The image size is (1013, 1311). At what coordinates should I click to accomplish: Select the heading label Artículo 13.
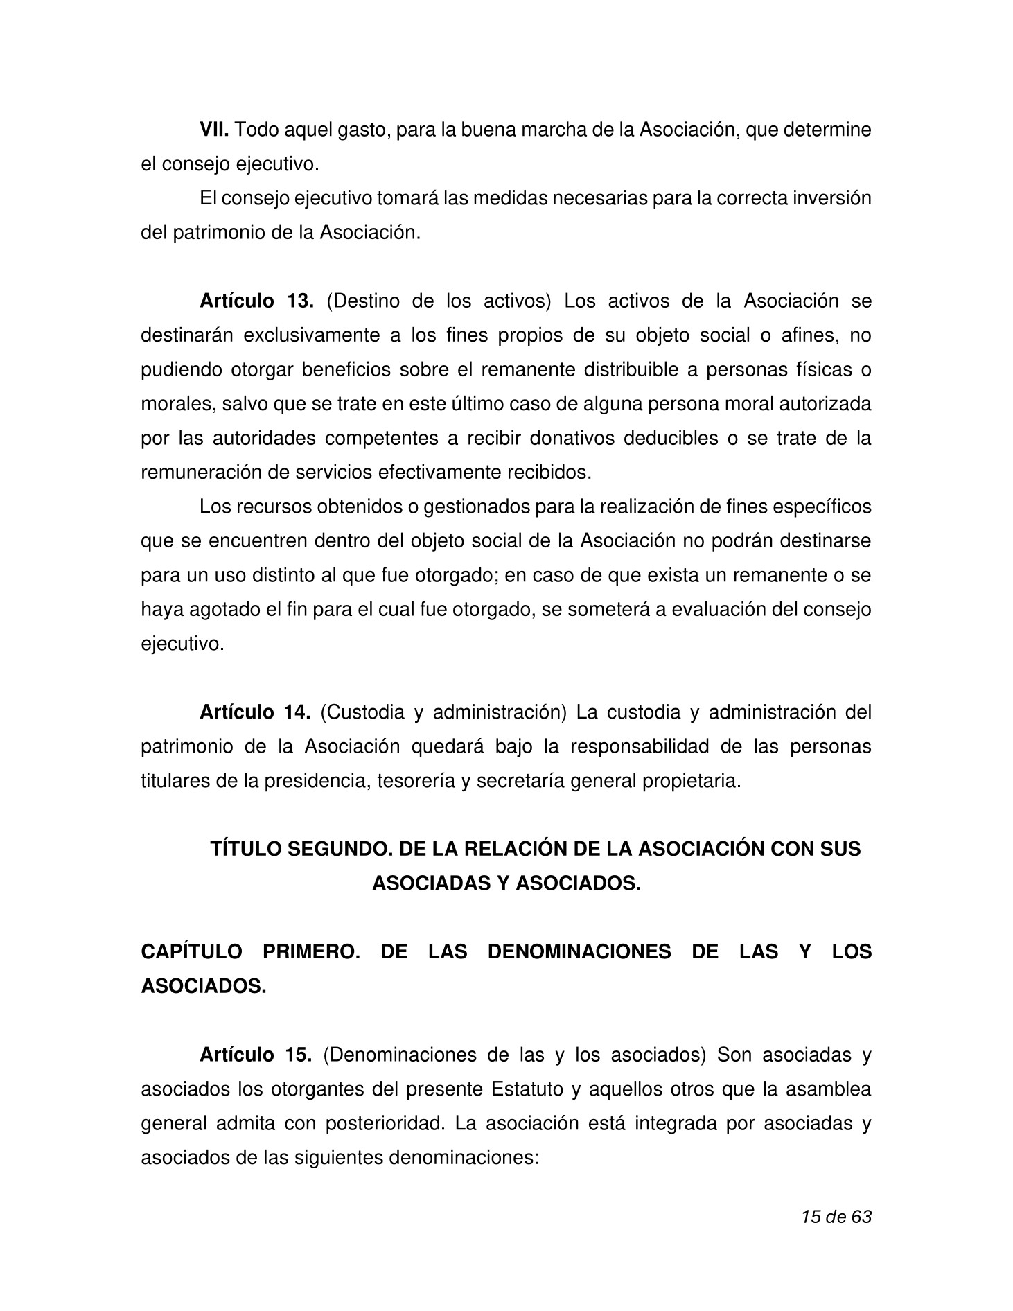256,301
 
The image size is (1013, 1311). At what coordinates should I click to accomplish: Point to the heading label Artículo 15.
256,1055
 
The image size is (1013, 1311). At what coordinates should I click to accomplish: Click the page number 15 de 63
836,1216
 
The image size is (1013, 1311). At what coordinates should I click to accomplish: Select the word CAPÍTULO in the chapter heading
191,951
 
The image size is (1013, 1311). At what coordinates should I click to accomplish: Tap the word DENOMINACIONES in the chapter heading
579,951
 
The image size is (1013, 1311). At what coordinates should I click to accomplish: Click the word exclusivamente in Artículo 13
309,335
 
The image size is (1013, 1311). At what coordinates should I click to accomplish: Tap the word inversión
829,198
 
